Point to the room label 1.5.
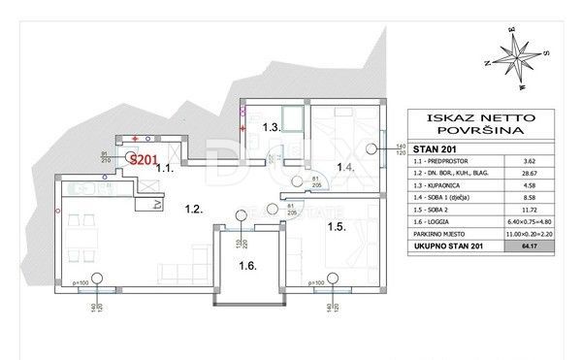[337, 229]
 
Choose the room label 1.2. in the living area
[193, 208]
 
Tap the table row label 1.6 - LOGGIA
[441, 232]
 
